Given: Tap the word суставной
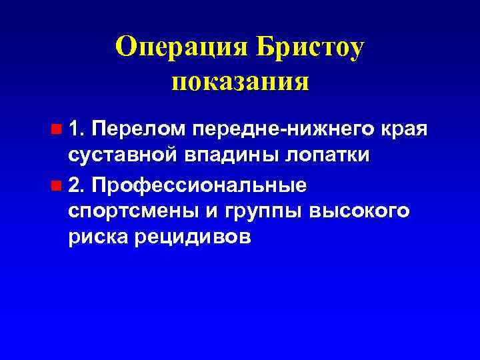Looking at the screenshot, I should [122, 156].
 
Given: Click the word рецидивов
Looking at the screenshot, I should [193, 239].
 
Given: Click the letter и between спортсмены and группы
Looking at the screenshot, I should [213, 211].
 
